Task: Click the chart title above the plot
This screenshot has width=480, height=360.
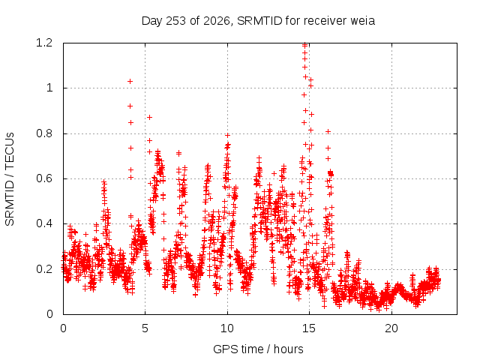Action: [258, 21]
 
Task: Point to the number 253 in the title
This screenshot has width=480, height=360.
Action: [175, 21]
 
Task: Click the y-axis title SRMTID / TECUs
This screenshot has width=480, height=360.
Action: [10, 179]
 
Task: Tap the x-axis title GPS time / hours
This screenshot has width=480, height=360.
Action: [258, 349]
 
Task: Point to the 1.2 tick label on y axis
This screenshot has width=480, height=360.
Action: [44, 43]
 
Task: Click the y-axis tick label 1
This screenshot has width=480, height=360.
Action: [49, 88]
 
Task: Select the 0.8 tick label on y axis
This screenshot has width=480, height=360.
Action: [44, 133]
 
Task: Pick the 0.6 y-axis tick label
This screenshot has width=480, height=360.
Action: [44, 178]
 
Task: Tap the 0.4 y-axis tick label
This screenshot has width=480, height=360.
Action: [44, 223]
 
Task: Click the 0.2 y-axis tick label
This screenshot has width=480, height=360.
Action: [44, 269]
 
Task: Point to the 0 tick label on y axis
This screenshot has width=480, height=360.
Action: [49, 314]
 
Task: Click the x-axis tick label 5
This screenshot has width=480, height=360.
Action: [145, 328]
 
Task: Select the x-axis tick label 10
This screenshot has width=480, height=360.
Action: [227, 328]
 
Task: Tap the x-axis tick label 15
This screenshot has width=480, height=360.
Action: [309, 328]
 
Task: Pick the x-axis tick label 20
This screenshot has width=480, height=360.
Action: [391, 328]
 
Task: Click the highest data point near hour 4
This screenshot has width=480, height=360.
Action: [130, 82]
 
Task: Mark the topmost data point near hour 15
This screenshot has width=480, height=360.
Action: [304, 45]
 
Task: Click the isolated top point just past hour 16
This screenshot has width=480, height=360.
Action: [328, 132]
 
